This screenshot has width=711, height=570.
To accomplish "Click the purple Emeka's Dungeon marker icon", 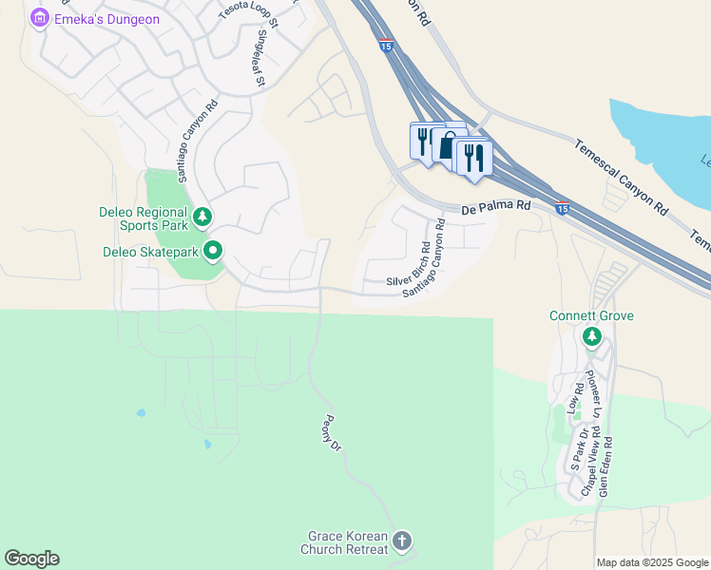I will [x=40, y=18].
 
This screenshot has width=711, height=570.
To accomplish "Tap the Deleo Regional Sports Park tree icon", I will [x=202, y=218].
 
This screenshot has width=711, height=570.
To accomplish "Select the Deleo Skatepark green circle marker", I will [x=214, y=252].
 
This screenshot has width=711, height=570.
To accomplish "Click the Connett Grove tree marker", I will [x=592, y=335].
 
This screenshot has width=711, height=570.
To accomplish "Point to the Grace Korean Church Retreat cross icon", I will [x=402, y=542].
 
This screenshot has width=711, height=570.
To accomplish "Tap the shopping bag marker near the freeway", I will [x=447, y=145].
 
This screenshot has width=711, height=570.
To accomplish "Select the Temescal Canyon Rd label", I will [x=621, y=174].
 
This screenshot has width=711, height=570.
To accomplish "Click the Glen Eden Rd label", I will [x=605, y=467].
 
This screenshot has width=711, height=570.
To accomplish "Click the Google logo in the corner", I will [x=31, y=559].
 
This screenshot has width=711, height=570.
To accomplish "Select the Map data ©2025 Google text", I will [x=651, y=562].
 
